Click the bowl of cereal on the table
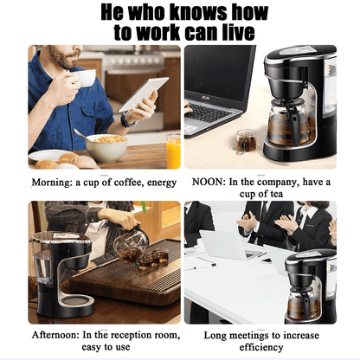(x=107, y=147)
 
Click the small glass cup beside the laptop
(x=247, y=139)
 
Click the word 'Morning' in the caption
(x=51, y=183)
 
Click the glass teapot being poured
(x=131, y=245)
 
